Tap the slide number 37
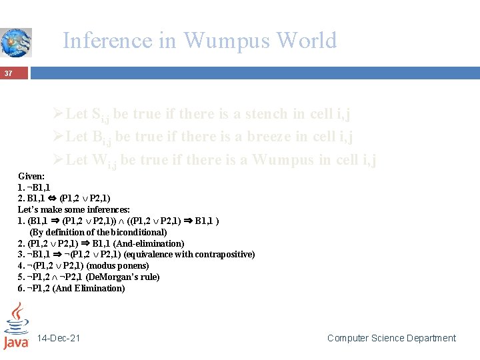pyautogui.click(x=9, y=73)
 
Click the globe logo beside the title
pyautogui.click(x=15, y=42)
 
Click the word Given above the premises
pyautogui.click(x=30, y=176)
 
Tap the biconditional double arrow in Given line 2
pyautogui.click(x=51, y=199)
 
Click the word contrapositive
pyautogui.click(x=226, y=255)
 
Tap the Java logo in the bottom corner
pyautogui.click(x=15, y=326)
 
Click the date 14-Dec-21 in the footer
pyautogui.click(x=59, y=338)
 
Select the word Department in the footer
pyautogui.click(x=430, y=338)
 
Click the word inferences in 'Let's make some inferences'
pyautogui.click(x=107, y=209)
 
